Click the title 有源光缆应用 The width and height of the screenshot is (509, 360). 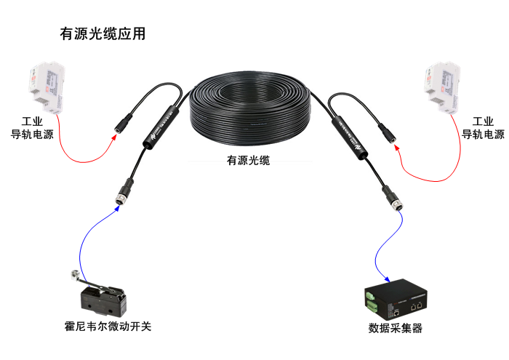pos(102,34)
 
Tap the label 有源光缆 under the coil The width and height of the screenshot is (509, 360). pos(247,161)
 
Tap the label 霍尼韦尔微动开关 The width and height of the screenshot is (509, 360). pos(108,326)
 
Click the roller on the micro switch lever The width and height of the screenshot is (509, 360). pos(73,275)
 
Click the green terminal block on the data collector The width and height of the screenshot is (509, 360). pos(370,297)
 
